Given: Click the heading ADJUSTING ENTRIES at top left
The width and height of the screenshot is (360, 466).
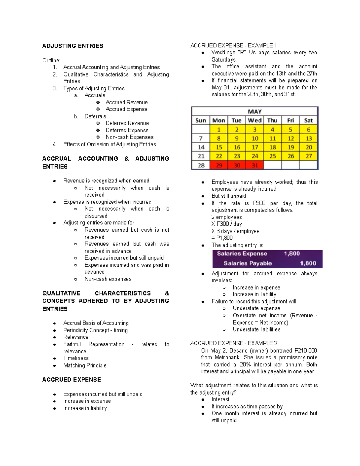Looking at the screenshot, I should click(73, 46).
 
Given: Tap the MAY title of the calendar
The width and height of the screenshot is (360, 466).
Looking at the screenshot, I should click(255, 112).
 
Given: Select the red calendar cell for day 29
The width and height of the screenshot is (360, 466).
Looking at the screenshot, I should click(219, 165).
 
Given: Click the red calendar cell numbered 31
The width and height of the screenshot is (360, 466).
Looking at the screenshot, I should click(255, 165).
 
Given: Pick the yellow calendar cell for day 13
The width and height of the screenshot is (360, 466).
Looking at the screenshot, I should click(308, 139).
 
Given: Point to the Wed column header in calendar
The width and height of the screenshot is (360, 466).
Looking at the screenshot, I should click(255, 121).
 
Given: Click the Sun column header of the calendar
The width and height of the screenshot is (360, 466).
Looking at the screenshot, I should click(201, 121).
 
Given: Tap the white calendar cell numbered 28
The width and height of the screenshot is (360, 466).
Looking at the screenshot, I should click(201, 165).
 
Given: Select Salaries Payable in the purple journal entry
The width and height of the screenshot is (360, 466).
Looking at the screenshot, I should click(248, 263).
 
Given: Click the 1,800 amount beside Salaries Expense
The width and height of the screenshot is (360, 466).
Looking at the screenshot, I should click(292, 254).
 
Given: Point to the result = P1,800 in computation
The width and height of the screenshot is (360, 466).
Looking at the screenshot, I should click(222, 238).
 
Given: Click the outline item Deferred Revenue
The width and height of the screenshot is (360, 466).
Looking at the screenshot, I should click(127, 123).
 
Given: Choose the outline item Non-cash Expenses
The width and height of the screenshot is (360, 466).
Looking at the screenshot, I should click(130, 137).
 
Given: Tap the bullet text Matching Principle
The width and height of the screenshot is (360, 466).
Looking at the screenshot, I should click(85, 365).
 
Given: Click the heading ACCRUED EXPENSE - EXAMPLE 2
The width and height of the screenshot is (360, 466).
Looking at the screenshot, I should click(234, 343).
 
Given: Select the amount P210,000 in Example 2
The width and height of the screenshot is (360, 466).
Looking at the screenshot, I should click(306, 350).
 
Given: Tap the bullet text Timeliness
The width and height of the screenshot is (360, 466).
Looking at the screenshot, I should click(76, 358).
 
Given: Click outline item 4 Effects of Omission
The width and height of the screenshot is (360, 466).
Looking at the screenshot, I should click(109, 144).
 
